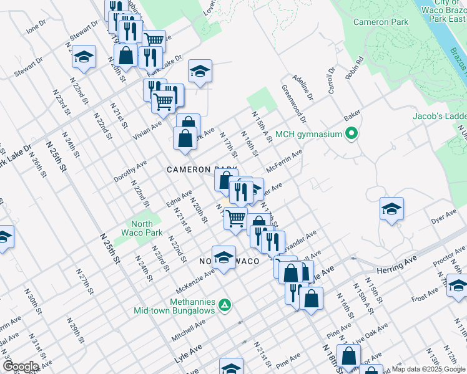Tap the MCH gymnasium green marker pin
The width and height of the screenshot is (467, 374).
351,133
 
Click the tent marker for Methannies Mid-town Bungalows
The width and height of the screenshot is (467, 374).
226,305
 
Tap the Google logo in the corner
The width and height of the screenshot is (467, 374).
21,367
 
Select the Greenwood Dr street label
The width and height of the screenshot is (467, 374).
294,103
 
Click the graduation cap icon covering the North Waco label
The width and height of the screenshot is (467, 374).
224,256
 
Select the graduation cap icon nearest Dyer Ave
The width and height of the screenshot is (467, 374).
391,208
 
